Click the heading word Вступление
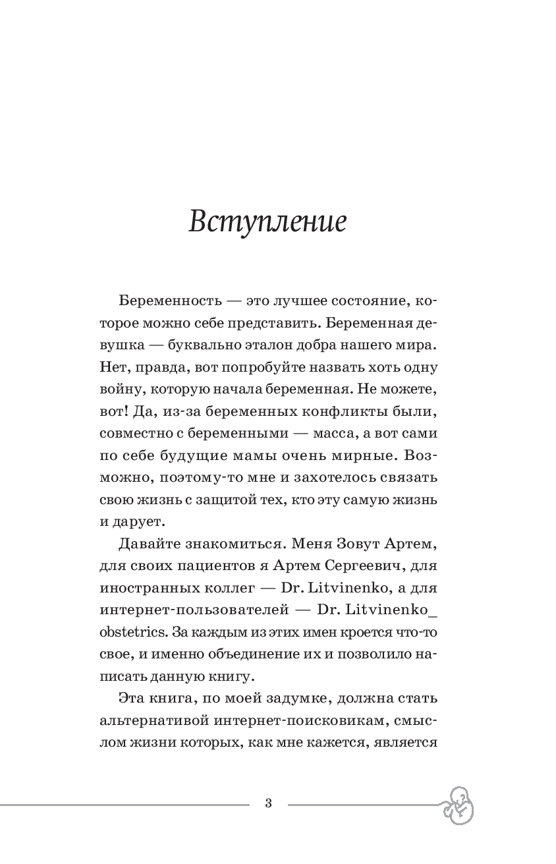[x=267, y=222]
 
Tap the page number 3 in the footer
[x=268, y=803]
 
